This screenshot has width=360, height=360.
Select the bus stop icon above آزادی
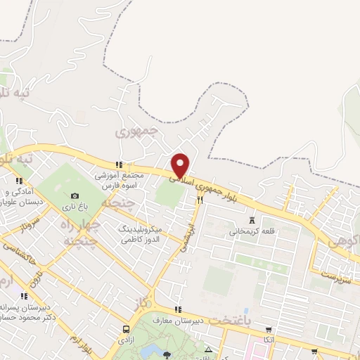pos(126,329)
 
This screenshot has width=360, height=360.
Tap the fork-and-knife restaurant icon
pos(200,200)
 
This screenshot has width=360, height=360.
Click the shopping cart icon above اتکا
pos(266,329)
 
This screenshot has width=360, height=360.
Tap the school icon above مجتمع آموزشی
pos(117,165)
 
